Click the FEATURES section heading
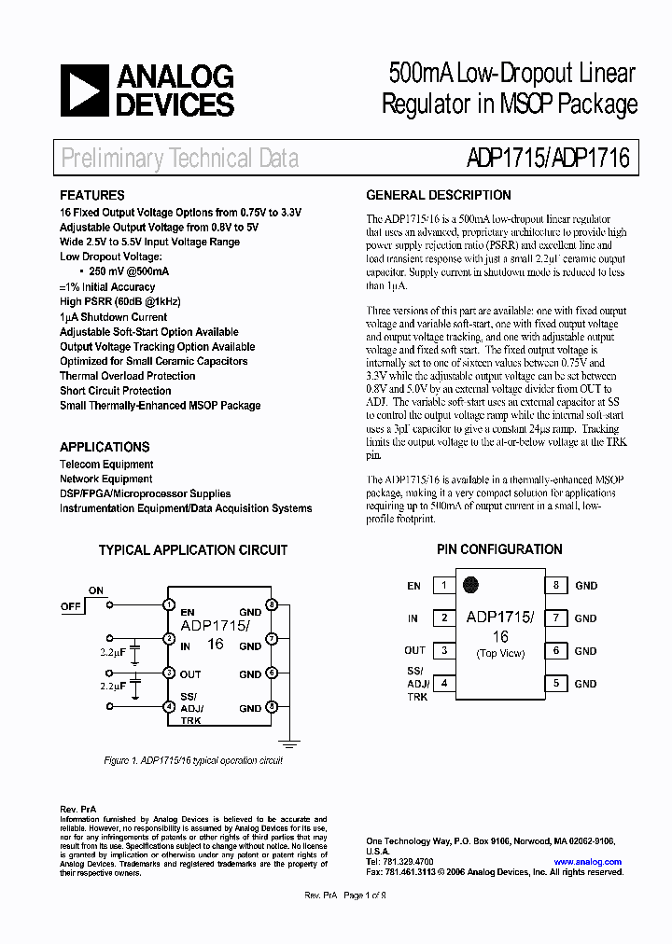[91, 196]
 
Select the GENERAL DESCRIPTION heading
[438, 196]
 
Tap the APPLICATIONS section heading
[105, 447]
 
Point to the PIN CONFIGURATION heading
[499, 549]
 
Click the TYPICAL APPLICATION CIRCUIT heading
[193, 550]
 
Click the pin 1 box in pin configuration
[444, 586]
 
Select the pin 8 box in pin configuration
[555, 586]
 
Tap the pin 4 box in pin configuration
[444, 684]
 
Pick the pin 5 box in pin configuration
[555, 684]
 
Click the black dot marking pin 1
[471, 586]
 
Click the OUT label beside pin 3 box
[414, 651]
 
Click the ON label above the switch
[95, 590]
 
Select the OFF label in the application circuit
[71, 606]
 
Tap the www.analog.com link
[587, 862]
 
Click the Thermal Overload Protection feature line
[127, 376]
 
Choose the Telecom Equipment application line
[106, 465]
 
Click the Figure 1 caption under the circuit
[192, 760]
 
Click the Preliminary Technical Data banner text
[180, 159]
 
